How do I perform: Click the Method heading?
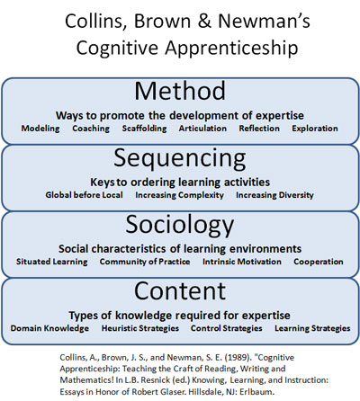tap(180, 91)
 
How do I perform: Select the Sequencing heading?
tap(180, 159)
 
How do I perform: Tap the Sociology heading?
tap(180, 226)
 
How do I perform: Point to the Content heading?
tap(180, 290)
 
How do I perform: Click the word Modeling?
tap(40, 129)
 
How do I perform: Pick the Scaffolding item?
tap(144, 129)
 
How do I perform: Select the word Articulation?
tap(202, 129)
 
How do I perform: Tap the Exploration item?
tap(315, 129)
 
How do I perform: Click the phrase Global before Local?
tap(84, 195)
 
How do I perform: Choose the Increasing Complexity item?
tap(179, 195)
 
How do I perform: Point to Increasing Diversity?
tap(274, 195)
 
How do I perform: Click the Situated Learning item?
tap(52, 262)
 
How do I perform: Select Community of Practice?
tap(145, 262)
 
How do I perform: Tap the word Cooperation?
tap(319, 262)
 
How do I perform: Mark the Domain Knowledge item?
tap(49, 328)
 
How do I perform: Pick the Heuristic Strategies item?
tap(140, 328)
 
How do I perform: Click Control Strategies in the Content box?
tap(227, 328)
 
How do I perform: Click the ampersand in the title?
tap(204, 22)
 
